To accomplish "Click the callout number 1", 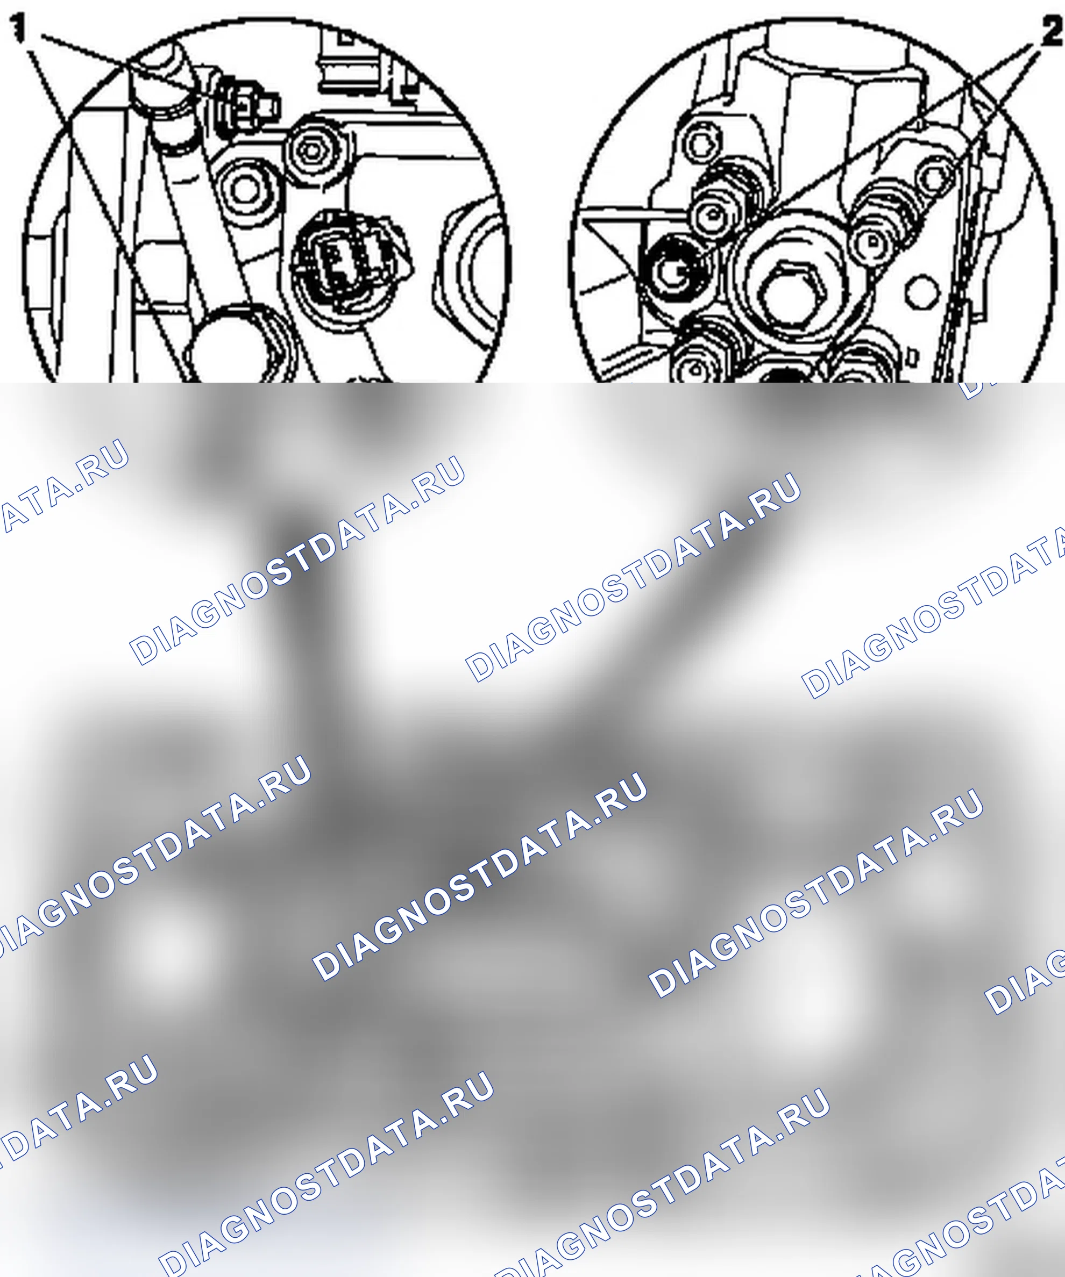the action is coord(19,28).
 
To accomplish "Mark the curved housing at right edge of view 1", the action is coord(472,268).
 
